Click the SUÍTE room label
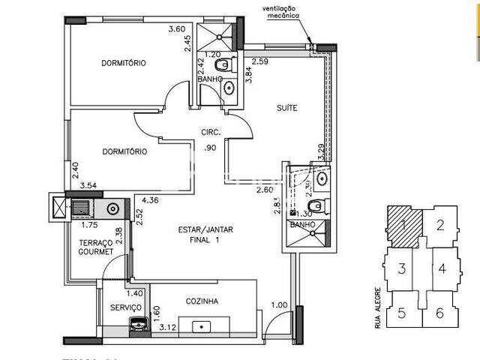coord(286,108)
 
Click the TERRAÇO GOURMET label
coord(96,247)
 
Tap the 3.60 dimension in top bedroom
coord(177,29)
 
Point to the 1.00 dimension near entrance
coord(279,304)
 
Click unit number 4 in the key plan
coord(442,268)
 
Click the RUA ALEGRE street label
coord(377,307)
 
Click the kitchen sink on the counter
coord(202,327)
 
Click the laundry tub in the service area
coord(137,323)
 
